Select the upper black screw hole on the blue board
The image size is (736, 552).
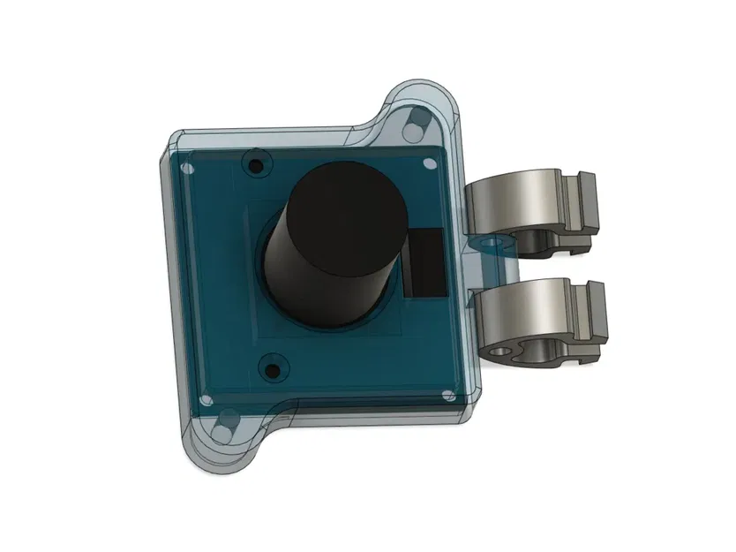click(x=257, y=165)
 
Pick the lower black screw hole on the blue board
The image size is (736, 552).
click(x=272, y=367)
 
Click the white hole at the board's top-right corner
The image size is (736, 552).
click(x=429, y=163)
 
